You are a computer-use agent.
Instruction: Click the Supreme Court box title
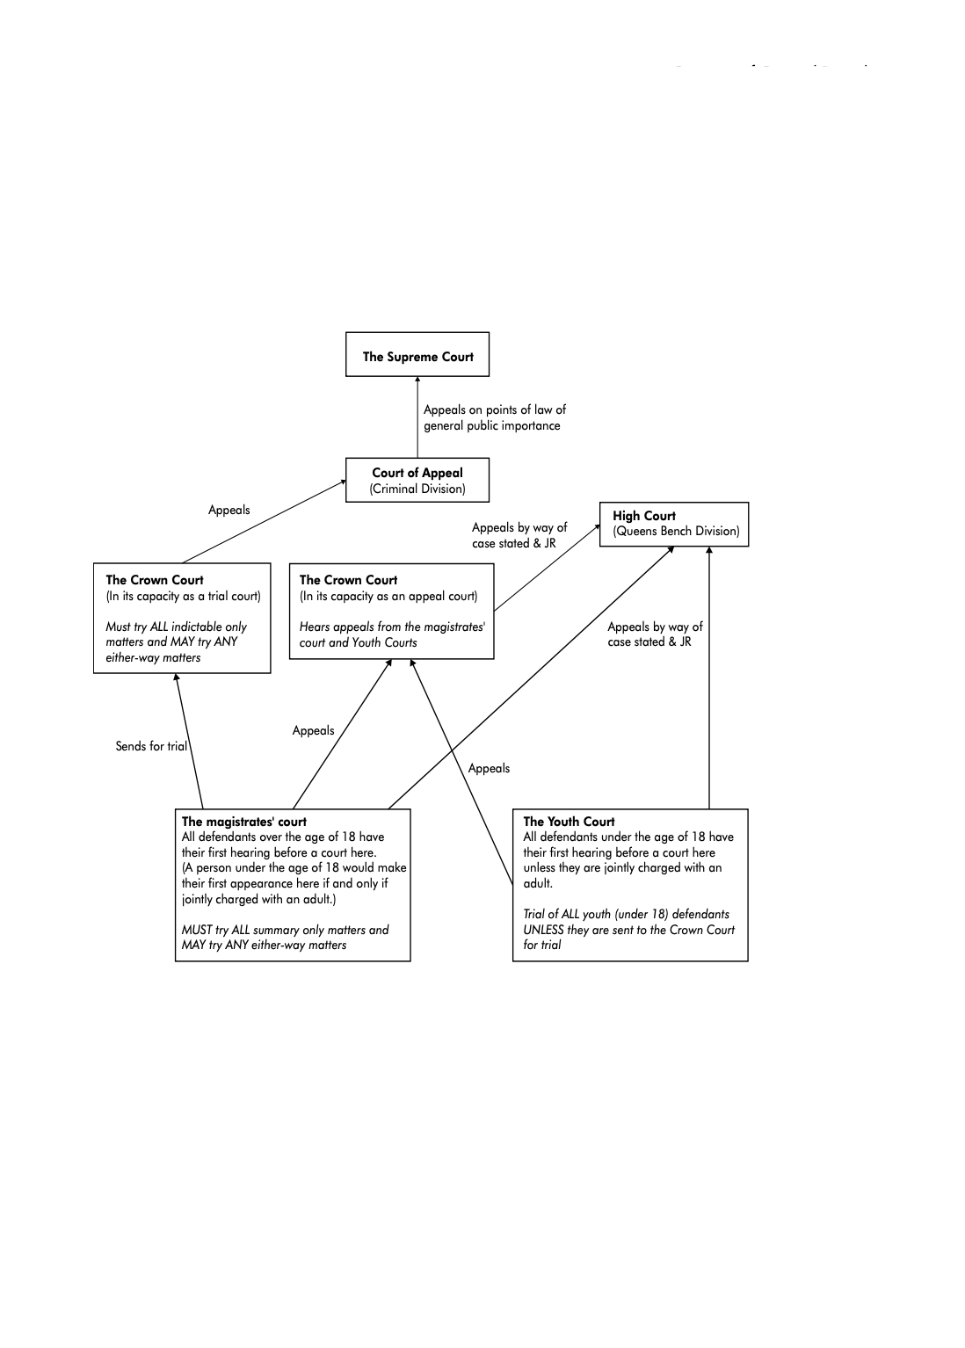[x=417, y=357]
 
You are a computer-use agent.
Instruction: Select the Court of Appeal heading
[x=417, y=473]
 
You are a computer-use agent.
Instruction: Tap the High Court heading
[x=644, y=516]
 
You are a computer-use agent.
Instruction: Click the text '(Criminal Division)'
[x=417, y=489]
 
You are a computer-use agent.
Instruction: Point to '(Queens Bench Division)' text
[x=676, y=531]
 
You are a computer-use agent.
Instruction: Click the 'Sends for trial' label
[x=151, y=746]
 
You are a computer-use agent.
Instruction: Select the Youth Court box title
[x=569, y=822]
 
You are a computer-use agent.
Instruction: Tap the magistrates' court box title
[x=243, y=822]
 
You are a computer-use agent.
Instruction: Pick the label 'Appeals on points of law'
[x=494, y=409]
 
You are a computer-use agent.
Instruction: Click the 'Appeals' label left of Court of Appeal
[x=229, y=510]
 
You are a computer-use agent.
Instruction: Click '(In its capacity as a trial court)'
[x=183, y=596]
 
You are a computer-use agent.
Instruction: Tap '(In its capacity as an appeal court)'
[x=388, y=596]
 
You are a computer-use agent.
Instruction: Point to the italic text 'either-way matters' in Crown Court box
[x=153, y=657]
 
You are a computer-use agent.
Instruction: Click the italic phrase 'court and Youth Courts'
[x=358, y=642]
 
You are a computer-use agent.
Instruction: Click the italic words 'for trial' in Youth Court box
[x=542, y=945]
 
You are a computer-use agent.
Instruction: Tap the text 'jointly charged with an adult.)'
[x=258, y=899]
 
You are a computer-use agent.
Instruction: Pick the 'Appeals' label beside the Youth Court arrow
[x=489, y=768]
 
